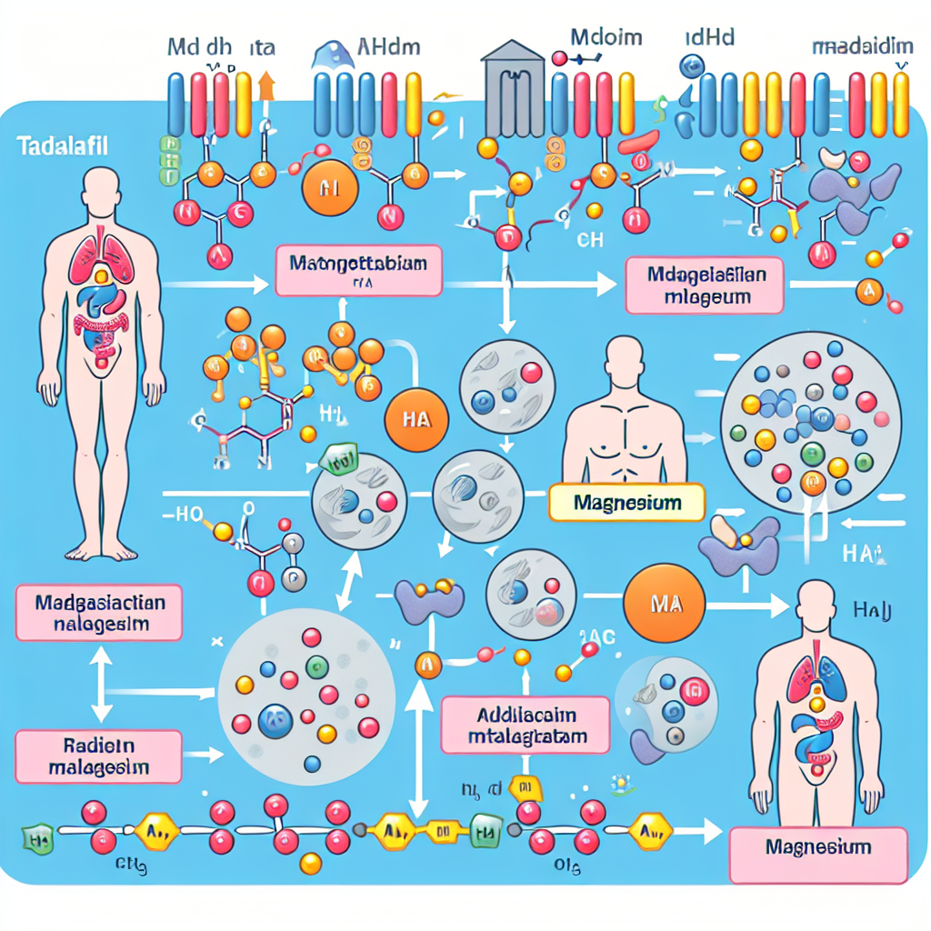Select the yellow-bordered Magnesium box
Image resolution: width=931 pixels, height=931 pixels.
coord(627,502)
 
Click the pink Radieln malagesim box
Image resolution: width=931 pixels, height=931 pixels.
coord(98,756)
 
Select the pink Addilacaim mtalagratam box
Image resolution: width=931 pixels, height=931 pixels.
coord(526,726)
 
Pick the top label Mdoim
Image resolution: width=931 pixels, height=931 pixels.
coord(606,38)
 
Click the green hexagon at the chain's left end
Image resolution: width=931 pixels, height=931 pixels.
coord(37,834)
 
